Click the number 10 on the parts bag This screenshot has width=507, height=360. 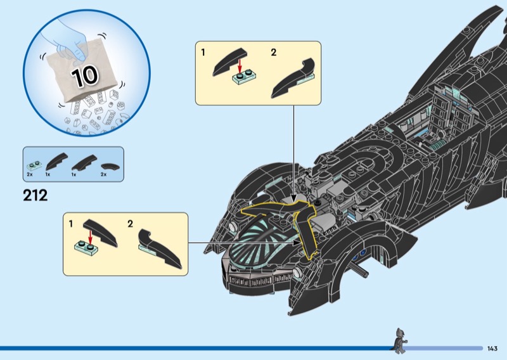pos(84,75)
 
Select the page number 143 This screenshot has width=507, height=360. pos(492,348)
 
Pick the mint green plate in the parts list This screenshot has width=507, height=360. pos(32,163)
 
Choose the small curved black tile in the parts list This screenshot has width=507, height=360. pos(110,165)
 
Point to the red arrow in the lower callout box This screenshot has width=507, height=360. pos(91,236)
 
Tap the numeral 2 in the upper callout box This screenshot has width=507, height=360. pos(273,53)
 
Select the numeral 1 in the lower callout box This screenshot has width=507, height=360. pos(71,224)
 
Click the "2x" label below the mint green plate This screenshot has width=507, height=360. pos(30,173)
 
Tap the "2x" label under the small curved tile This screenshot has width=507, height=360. pos(104,173)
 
